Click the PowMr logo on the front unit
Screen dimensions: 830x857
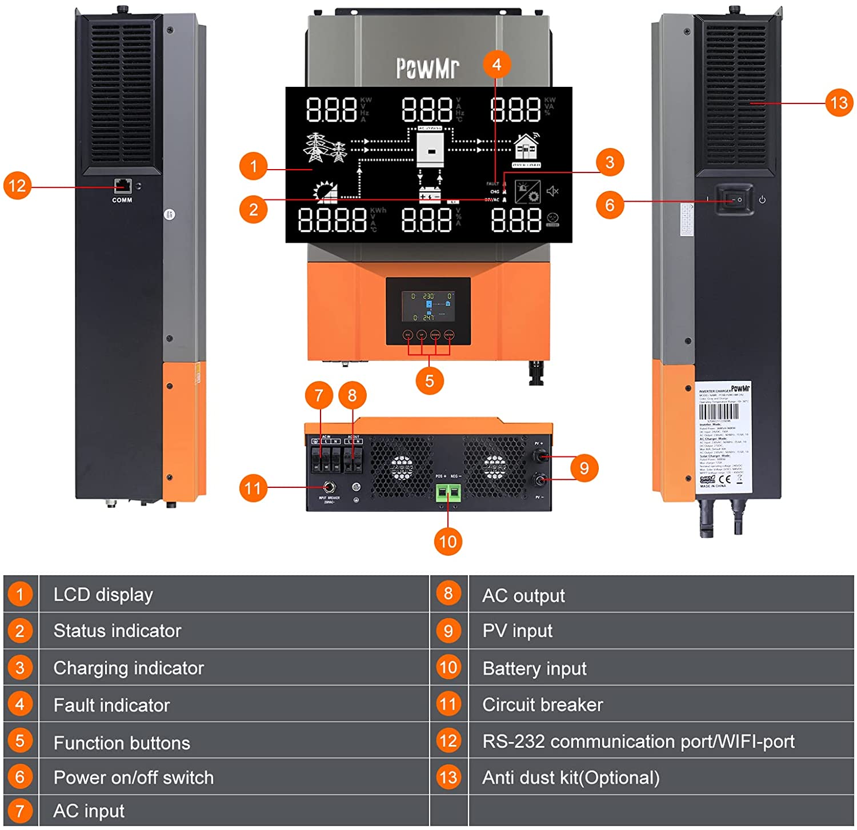pos(428,67)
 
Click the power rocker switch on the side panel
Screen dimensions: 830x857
pos(734,199)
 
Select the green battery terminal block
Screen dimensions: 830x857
pos(448,493)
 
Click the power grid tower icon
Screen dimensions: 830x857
pos(324,148)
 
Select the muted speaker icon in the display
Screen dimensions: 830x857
pos(552,191)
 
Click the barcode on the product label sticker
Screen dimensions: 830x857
pos(719,411)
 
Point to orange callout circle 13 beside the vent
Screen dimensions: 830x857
pos(839,103)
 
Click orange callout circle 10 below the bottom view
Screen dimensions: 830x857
pos(448,541)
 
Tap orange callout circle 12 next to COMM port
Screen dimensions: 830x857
pos(17,186)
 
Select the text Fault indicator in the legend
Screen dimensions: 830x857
pos(111,705)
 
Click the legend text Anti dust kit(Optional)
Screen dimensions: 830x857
pos(571,777)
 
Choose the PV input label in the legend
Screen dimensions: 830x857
pos(517,631)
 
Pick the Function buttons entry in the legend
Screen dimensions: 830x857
pos(122,743)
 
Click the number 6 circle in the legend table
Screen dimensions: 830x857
pos(20,777)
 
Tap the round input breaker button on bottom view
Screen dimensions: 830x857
pos(329,487)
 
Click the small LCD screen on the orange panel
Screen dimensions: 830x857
pos(428,307)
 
